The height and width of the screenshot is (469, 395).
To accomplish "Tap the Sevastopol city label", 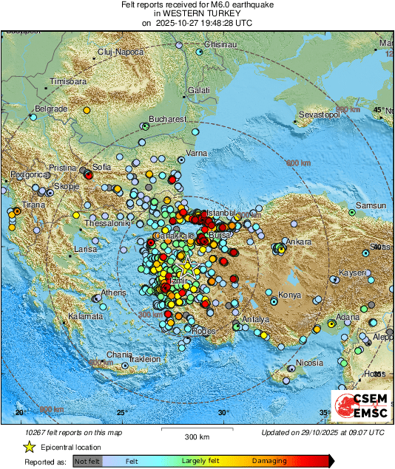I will point(320,116).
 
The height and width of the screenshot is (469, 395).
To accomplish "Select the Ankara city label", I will point(299,242).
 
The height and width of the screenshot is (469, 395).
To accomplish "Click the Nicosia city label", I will point(309,363).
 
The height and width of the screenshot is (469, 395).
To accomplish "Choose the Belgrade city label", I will point(52,109).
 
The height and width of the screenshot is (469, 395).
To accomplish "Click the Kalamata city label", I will point(84,316).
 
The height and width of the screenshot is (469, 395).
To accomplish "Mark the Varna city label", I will point(196,153).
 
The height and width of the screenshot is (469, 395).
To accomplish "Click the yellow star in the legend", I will point(29,447).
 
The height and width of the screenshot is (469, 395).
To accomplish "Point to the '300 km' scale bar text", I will point(197,437).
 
